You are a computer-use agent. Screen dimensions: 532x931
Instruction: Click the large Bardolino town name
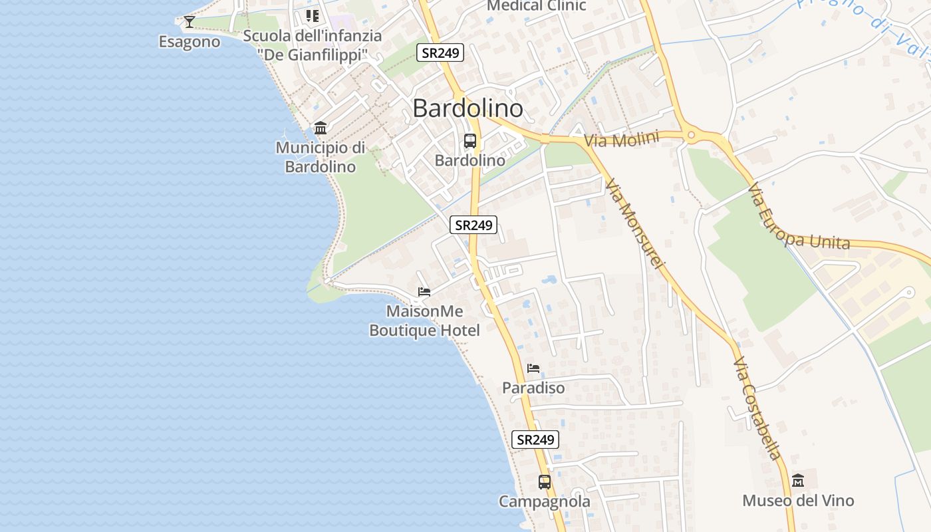click(x=467, y=108)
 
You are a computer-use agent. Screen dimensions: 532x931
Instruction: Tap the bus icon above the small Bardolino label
click(x=470, y=141)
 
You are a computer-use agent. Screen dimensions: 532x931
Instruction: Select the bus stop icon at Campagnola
click(x=545, y=481)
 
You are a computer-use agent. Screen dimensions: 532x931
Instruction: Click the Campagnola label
click(x=545, y=501)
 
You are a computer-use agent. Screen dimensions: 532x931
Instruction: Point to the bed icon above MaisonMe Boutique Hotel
click(x=424, y=292)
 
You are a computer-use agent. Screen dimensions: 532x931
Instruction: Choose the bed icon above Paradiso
click(x=533, y=368)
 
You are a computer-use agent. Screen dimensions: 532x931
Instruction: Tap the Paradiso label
click(x=533, y=388)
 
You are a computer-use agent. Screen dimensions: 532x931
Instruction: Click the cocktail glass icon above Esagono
click(x=190, y=22)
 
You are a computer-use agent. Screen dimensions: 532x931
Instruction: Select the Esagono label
click(x=190, y=42)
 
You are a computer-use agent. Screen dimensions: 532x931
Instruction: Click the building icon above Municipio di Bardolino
click(x=321, y=128)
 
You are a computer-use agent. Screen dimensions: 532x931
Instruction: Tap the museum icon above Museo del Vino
click(x=798, y=480)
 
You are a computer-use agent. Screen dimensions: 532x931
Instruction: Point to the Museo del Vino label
click(x=798, y=501)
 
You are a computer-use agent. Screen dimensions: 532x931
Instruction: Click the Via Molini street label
click(x=622, y=139)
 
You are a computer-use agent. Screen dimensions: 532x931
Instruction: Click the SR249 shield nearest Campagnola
click(x=535, y=440)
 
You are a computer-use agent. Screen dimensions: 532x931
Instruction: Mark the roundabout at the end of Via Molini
click(x=692, y=136)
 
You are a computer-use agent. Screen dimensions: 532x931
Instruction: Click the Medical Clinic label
click(x=537, y=6)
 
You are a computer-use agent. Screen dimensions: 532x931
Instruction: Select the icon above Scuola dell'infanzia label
click(x=312, y=15)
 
